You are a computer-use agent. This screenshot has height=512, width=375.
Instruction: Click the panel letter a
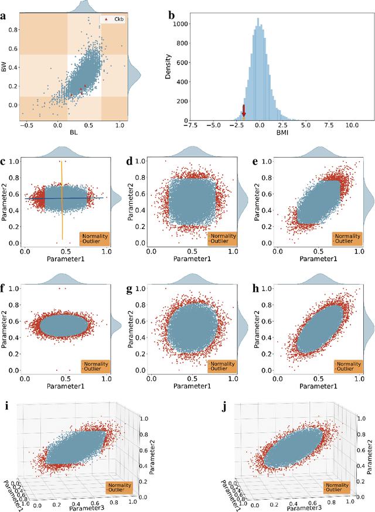[4, 16]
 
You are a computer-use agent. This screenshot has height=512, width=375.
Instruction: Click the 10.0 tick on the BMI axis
[352, 124]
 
